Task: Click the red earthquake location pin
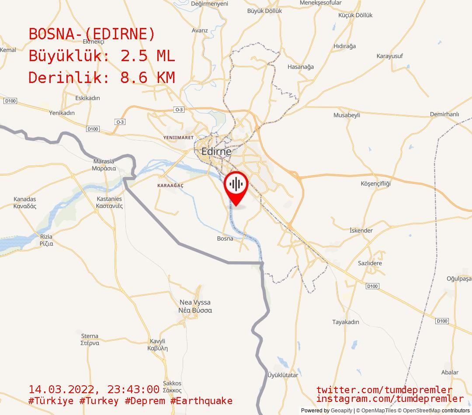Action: click(236, 185)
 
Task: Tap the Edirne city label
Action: click(216, 152)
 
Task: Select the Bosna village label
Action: click(225, 239)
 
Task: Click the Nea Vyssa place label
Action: click(195, 306)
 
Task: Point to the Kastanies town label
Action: click(109, 202)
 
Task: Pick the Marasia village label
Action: click(104, 165)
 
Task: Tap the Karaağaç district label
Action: click(170, 186)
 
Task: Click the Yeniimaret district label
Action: click(178, 138)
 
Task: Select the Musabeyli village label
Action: click(347, 115)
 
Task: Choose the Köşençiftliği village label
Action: click(376, 183)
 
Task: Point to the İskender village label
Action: click(361, 231)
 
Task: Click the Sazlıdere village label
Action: click(370, 263)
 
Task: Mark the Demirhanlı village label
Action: click(444, 114)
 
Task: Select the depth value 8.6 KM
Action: click(147, 78)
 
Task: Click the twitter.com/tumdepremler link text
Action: click(385, 390)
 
